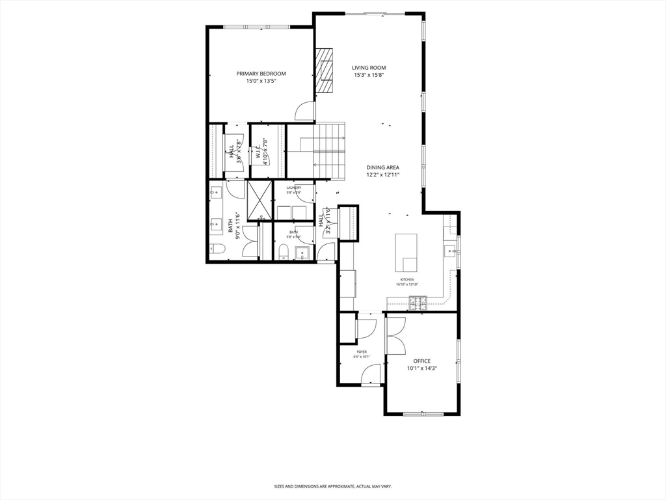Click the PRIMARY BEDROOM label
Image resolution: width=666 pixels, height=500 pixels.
261,74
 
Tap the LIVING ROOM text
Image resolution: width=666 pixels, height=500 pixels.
369,68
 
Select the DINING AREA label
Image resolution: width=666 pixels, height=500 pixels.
382,167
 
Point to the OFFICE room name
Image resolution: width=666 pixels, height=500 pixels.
421,361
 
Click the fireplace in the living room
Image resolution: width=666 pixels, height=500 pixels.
323,72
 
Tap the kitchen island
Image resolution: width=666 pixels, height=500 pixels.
406,253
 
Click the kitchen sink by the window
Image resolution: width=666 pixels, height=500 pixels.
449,250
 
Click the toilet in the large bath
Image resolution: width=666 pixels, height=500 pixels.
217,249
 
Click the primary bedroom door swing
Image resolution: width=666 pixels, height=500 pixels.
304,112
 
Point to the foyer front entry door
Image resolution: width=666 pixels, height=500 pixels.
371,374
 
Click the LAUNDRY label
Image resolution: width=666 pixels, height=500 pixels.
293,187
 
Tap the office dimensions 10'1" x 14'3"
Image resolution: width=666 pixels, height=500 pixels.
421,368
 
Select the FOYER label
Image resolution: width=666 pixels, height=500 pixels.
361,352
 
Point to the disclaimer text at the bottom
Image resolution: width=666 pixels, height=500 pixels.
332,486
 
